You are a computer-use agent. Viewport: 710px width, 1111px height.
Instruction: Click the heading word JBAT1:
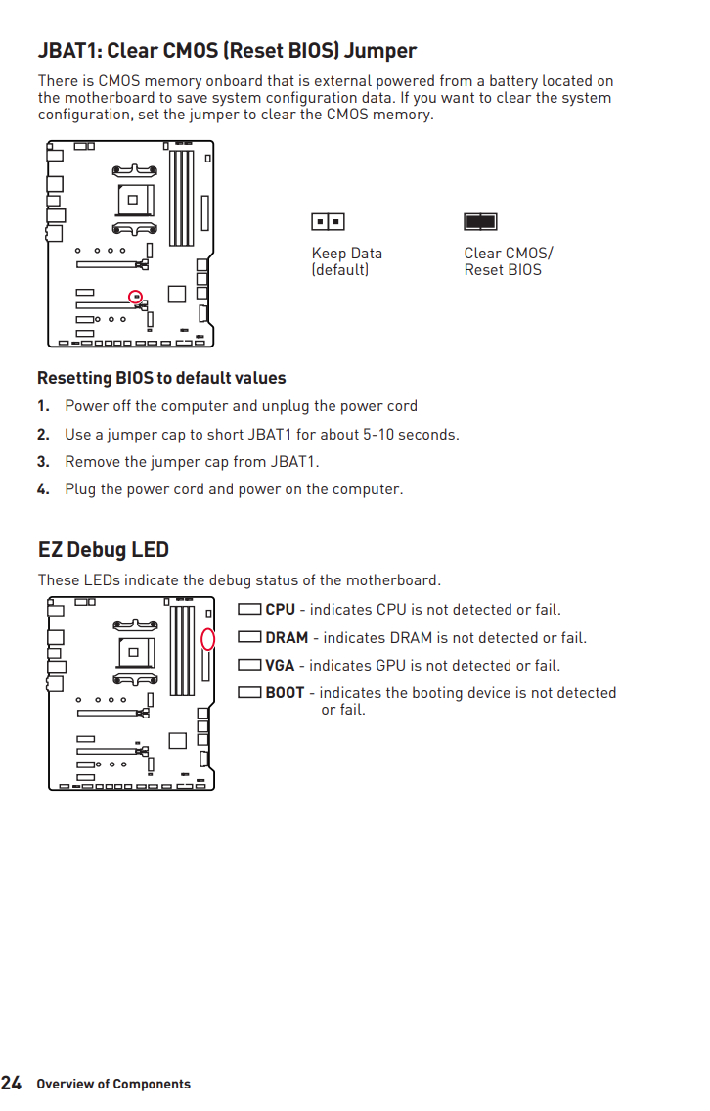[69, 51]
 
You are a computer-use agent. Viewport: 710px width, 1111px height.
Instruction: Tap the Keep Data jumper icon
[328, 222]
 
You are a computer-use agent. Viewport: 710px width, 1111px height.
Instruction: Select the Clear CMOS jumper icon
[480, 222]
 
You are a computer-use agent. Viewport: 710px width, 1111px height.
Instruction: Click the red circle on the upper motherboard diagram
[136, 296]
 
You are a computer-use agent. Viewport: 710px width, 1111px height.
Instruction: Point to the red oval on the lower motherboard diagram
[207, 639]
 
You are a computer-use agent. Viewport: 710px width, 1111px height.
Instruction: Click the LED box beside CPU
[249, 609]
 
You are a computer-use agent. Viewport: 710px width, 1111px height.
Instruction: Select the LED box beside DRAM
[249, 637]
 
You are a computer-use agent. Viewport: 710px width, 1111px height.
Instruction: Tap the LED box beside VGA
[249, 665]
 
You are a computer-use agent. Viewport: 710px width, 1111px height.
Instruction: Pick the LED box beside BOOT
[249, 692]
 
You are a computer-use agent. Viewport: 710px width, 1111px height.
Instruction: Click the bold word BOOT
[285, 693]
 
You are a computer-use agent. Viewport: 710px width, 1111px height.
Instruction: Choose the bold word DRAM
[287, 638]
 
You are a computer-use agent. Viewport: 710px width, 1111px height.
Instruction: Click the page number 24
[12, 1083]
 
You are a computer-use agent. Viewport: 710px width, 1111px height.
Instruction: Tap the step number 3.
[43, 462]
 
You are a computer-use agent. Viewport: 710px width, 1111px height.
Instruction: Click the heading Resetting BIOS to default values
[161, 378]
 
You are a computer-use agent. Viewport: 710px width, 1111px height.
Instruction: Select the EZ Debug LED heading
[103, 550]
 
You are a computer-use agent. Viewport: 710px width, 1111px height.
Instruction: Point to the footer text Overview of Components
[113, 1084]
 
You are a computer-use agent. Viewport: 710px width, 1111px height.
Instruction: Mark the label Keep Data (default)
[346, 261]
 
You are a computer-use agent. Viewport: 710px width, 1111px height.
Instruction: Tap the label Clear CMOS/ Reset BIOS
[508, 261]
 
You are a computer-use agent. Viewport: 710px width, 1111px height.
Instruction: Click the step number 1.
[43, 406]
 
